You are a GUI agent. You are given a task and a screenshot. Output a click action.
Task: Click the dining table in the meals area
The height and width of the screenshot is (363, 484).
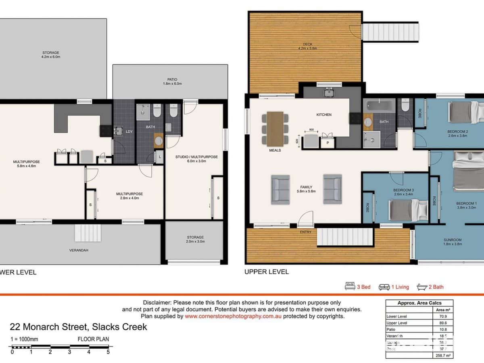[275, 128]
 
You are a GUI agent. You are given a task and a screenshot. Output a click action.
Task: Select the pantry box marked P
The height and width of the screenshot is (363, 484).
[327, 142]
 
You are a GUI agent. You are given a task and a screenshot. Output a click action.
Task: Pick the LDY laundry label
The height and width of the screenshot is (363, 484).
[129, 131]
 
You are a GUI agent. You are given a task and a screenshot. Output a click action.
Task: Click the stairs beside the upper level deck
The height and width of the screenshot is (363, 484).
[390, 31]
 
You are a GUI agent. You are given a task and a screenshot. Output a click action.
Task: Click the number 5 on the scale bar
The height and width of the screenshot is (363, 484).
[108, 352]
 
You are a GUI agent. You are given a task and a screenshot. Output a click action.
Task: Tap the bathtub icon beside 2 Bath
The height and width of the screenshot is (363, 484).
[421, 287]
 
